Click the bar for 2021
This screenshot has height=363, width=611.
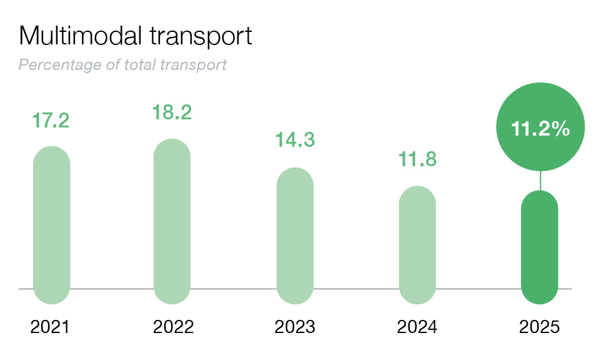coord(51,225)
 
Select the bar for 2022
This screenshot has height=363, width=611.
coord(172,221)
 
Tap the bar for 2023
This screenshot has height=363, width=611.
coord(295,236)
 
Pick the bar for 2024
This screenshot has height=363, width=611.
coord(417,245)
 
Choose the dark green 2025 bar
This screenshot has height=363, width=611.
coord(540,247)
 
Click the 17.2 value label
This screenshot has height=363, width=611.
coord(51,121)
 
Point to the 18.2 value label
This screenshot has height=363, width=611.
coord(172,112)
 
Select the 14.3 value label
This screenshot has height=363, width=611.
coord(295,140)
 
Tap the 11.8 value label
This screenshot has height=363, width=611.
coord(417,159)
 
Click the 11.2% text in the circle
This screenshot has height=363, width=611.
coord(540,129)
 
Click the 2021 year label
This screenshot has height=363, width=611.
coord(51,327)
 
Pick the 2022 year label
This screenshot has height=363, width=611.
coord(173,327)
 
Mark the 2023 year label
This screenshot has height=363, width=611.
coord(295,327)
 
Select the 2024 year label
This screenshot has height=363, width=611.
coord(417,327)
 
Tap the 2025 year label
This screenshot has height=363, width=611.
coord(540,327)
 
